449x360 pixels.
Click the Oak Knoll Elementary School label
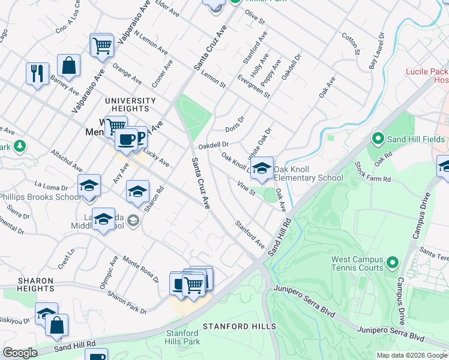tap(309, 173)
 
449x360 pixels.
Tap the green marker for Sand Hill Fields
tap(378, 139)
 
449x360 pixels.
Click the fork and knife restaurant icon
tap(37, 73)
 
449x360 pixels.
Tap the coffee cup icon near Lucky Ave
tap(126, 139)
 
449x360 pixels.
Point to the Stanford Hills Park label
tap(182, 337)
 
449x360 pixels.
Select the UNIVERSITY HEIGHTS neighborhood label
tap(130, 104)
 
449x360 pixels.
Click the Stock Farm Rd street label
tap(372, 172)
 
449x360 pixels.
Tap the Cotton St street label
tap(349, 43)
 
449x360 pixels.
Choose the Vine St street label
tap(246, 188)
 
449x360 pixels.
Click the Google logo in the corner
tap(20, 353)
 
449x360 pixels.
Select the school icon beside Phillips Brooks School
tap(88, 185)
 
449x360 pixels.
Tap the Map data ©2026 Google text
tap(411, 355)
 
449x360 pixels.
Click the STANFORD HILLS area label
tap(239, 326)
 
